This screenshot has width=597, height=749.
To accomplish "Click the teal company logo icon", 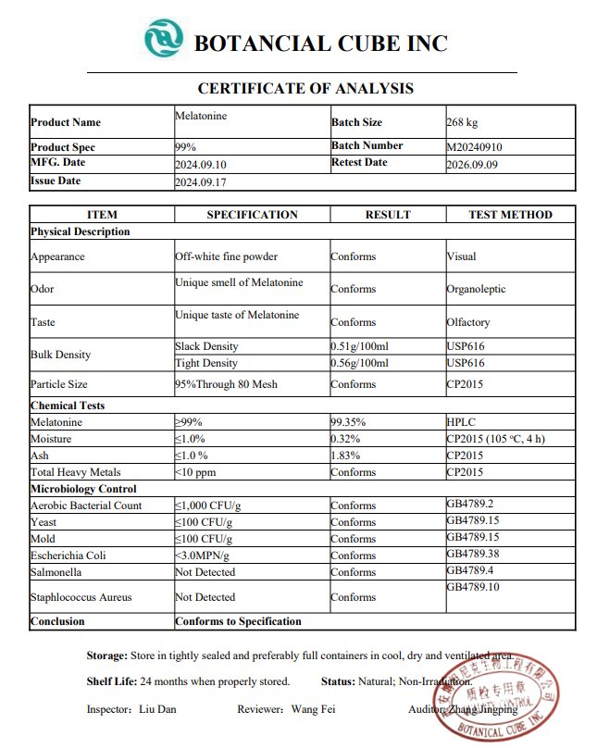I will [x=164, y=39].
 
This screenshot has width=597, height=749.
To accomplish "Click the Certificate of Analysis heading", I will [x=305, y=89].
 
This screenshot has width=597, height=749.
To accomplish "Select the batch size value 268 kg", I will [x=462, y=122].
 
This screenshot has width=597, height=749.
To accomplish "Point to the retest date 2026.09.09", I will [x=474, y=163].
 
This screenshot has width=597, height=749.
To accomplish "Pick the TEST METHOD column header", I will [x=510, y=215].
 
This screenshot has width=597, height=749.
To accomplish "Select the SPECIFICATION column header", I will [x=252, y=215].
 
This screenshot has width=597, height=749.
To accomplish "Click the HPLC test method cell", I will [x=460, y=421].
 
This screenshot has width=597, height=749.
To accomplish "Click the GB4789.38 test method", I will [x=474, y=555].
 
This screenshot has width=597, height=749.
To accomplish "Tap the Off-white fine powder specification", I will [x=226, y=256].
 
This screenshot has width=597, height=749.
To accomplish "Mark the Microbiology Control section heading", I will [x=83, y=489].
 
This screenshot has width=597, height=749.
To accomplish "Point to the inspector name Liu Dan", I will [x=158, y=709].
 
